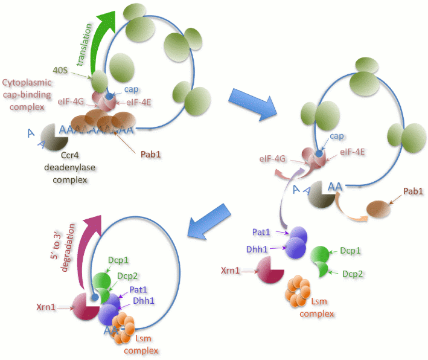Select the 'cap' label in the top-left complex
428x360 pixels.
(x=131, y=89)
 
